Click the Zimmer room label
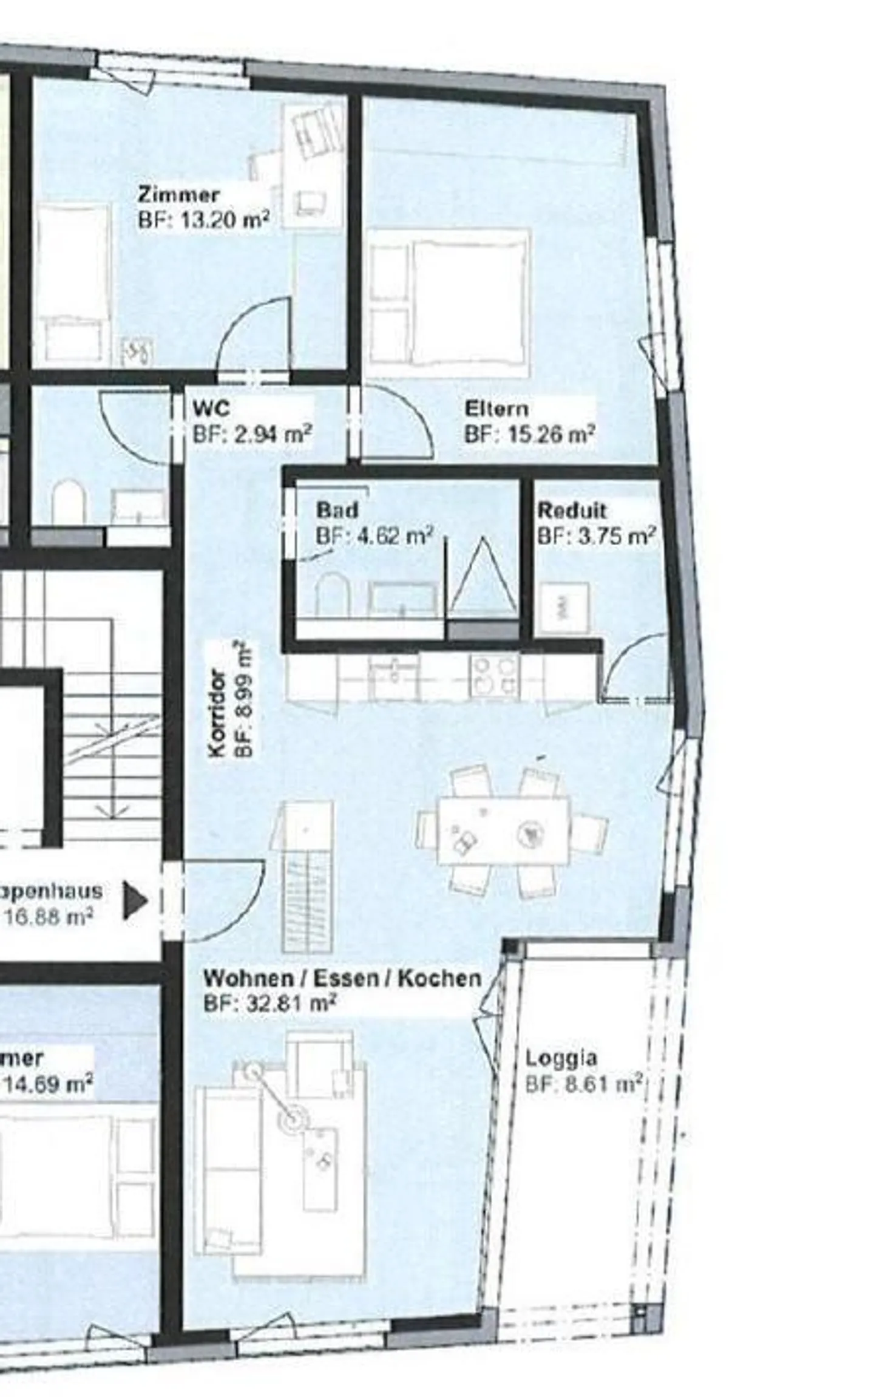point(178,195)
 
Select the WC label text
point(211,409)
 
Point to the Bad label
point(337,509)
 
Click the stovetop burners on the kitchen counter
point(494,676)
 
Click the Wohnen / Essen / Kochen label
point(342,978)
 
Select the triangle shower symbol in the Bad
point(483,577)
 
